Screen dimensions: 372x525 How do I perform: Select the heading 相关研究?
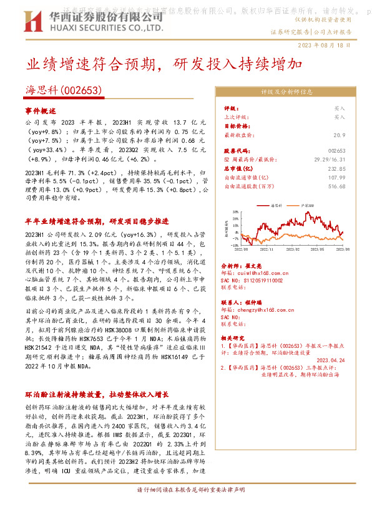point(234,335)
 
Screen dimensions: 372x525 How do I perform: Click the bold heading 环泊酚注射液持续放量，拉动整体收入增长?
point(96,394)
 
